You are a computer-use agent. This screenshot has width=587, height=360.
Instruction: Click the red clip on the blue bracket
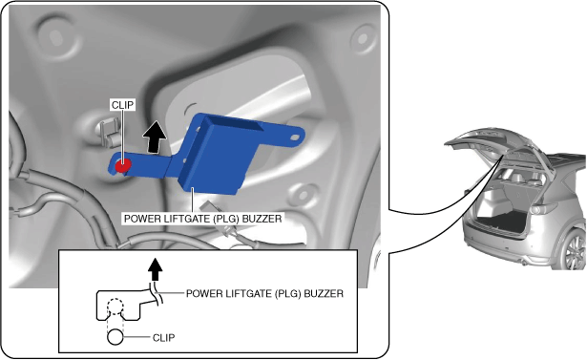click(123, 165)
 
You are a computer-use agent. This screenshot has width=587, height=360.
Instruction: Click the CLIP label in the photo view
click(123, 105)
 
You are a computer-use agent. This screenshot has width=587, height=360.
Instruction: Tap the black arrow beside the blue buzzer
click(155, 138)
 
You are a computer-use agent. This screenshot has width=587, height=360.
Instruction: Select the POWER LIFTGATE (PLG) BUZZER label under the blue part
click(202, 219)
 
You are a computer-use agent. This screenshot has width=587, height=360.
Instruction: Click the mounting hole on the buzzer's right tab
click(294, 138)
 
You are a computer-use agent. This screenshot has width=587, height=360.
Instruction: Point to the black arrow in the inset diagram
click(155, 269)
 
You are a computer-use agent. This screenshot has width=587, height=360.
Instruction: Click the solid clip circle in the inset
click(115, 337)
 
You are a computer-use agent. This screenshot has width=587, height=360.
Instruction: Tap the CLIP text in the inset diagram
click(163, 338)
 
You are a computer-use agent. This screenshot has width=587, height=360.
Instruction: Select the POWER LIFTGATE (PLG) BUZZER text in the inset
click(264, 294)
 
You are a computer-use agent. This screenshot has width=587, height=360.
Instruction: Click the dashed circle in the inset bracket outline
click(115, 307)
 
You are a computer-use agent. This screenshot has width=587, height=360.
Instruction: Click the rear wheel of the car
click(577, 250)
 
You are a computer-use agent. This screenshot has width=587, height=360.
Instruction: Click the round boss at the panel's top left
click(56, 36)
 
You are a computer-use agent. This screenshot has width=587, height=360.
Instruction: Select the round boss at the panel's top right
click(362, 39)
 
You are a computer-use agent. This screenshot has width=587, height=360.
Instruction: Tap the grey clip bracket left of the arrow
click(110, 131)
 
